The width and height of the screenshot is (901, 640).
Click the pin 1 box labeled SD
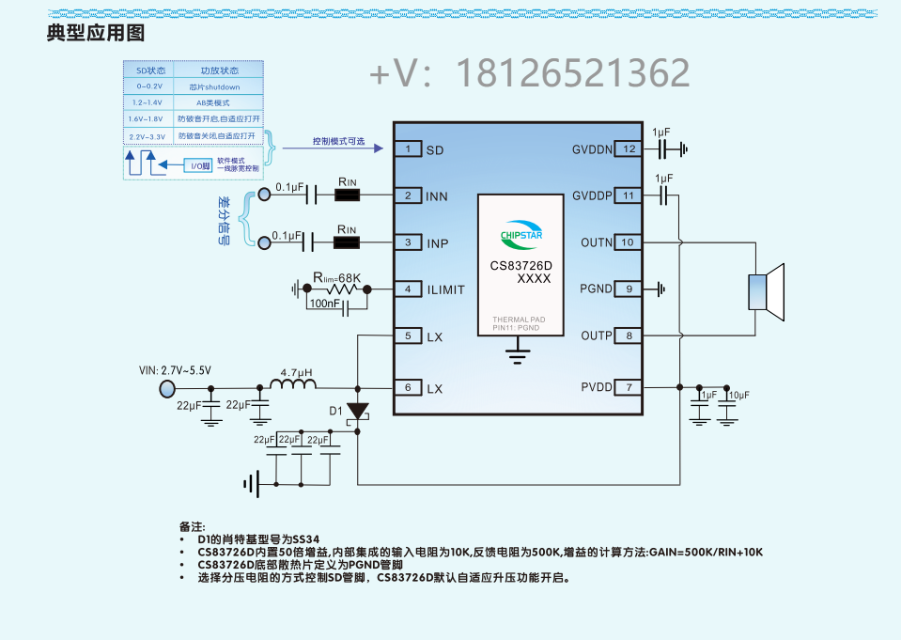tap(408, 149)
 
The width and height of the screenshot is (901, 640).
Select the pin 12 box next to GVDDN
tap(629, 149)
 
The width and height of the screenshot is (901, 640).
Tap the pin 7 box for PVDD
tap(629, 387)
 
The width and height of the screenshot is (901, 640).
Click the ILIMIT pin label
tap(445, 289)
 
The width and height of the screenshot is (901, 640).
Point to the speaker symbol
tap(766, 289)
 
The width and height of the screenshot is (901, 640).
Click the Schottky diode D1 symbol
tap(358, 412)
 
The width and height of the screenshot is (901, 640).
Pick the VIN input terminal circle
tap(167, 388)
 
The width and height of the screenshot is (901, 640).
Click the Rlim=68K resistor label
tap(337, 277)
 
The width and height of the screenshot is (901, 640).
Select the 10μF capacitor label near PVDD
tap(738, 396)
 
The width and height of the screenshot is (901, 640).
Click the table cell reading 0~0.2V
tap(149, 86)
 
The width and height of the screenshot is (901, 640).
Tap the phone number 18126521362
tap(572, 73)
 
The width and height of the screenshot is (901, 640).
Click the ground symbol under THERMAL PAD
tap(515, 352)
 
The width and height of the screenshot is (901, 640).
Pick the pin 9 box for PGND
tap(629, 289)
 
